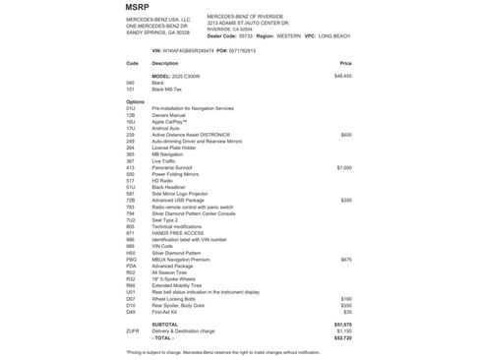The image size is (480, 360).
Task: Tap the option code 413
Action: pyautogui.click(x=131, y=168)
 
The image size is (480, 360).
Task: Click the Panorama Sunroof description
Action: pyautogui.click(x=173, y=168)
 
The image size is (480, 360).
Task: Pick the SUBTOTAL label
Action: pyautogui.click(x=166, y=324)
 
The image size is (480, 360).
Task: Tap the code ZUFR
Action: pyautogui.click(x=133, y=330)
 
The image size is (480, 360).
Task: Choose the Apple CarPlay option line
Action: pyautogui.click(x=170, y=121)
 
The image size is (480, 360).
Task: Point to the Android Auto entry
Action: pyautogui.click(x=167, y=128)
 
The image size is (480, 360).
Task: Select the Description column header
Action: pyautogui.click(x=165, y=62)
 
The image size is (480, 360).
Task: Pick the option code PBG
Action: pyautogui.click(x=132, y=259)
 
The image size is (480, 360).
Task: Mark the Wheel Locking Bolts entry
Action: pyautogui.click(x=175, y=298)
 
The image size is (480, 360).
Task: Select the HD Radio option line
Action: pyautogui.click(x=164, y=181)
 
